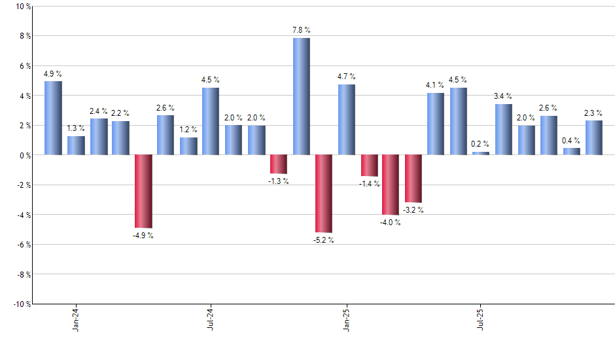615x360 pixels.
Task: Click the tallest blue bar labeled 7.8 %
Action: [x=301, y=96]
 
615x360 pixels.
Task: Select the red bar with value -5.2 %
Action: [x=324, y=194]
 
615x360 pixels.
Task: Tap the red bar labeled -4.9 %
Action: [x=143, y=191]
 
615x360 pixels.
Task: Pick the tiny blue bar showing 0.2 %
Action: [x=481, y=153]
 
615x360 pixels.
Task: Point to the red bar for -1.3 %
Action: [x=279, y=164]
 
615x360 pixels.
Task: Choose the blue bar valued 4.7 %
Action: [x=347, y=120]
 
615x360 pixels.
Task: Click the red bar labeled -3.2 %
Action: [x=413, y=179]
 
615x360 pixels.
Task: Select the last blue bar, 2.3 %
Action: [x=593, y=137]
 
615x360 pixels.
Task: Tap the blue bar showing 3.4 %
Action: [x=503, y=130]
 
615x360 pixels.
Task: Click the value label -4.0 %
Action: [x=391, y=223]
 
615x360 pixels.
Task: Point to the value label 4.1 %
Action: [x=435, y=84]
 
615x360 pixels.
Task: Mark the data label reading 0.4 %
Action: [x=571, y=140]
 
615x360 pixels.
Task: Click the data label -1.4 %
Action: [x=368, y=184]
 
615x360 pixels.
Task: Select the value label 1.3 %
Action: [x=76, y=128]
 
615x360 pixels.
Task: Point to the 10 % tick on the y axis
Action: [x=22, y=7]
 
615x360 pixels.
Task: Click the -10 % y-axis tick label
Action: [x=21, y=304]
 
